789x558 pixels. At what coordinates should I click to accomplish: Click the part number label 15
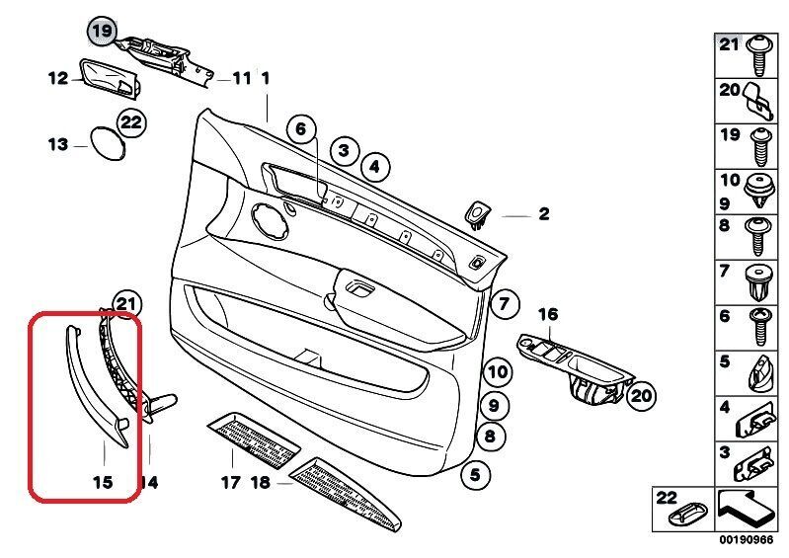104,483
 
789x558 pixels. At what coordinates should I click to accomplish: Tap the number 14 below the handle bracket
148,483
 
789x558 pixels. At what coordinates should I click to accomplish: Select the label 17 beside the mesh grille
230,483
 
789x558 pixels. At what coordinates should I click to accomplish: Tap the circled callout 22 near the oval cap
130,122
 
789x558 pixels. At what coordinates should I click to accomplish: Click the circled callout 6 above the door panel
302,128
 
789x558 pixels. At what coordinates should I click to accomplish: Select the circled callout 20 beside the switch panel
641,396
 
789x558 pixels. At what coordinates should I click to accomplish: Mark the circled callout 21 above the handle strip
126,303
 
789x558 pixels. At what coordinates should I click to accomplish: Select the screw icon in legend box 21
760,56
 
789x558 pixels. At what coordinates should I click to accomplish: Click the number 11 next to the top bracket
241,78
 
